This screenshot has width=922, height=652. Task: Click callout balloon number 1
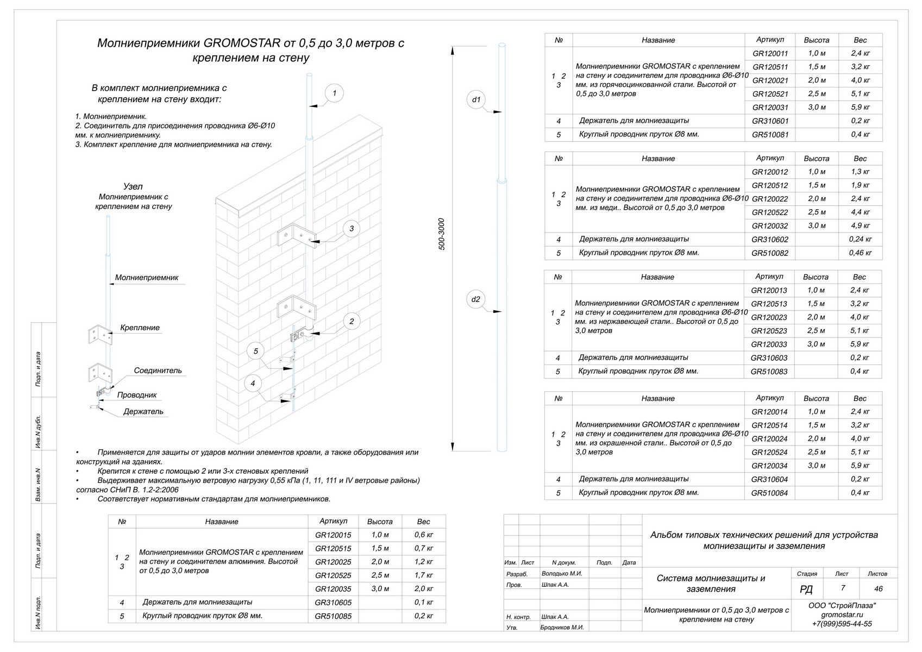pyautogui.click(x=334, y=93)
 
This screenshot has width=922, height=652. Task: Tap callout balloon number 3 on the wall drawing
pyautogui.click(x=352, y=229)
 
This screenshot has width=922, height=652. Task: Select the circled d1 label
pyautogui.click(x=476, y=99)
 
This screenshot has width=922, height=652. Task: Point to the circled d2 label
pyautogui.click(x=476, y=299)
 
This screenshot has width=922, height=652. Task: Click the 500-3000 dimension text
pyautogui.click(x=442, y=234)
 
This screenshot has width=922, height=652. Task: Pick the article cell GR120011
pyautogui.click(x=770, y=54)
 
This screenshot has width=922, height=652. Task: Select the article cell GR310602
pyautogui.click(x=770, y=240)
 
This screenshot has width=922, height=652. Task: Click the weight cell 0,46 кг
pyautogui.click(x=860, y=253)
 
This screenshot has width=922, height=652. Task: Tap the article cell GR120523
pyautogui.click(x=769, y=331)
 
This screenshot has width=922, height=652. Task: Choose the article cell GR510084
pyautogui.click(x=770, y=493)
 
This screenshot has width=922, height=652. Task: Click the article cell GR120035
pyautogui.click(x=333, y=589)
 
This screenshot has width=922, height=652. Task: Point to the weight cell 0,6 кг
pyautogui.click(x=424, y=535)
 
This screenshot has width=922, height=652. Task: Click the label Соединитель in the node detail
pyautogui.click(x=158, y=371)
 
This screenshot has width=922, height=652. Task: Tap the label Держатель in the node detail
pyautogui.click(x=143, y=412)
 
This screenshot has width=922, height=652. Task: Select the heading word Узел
pyautogui.click(x=133, y=186)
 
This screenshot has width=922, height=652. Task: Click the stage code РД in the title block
pyautogui.click(x=807, y=590)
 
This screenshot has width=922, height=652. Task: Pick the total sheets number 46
pyautogui.click(x=878, y=588)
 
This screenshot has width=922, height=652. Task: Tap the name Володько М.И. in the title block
pyautogui.click(x=562, y=574)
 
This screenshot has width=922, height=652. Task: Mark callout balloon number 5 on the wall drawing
pyautogui.click(x=256, y=351)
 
